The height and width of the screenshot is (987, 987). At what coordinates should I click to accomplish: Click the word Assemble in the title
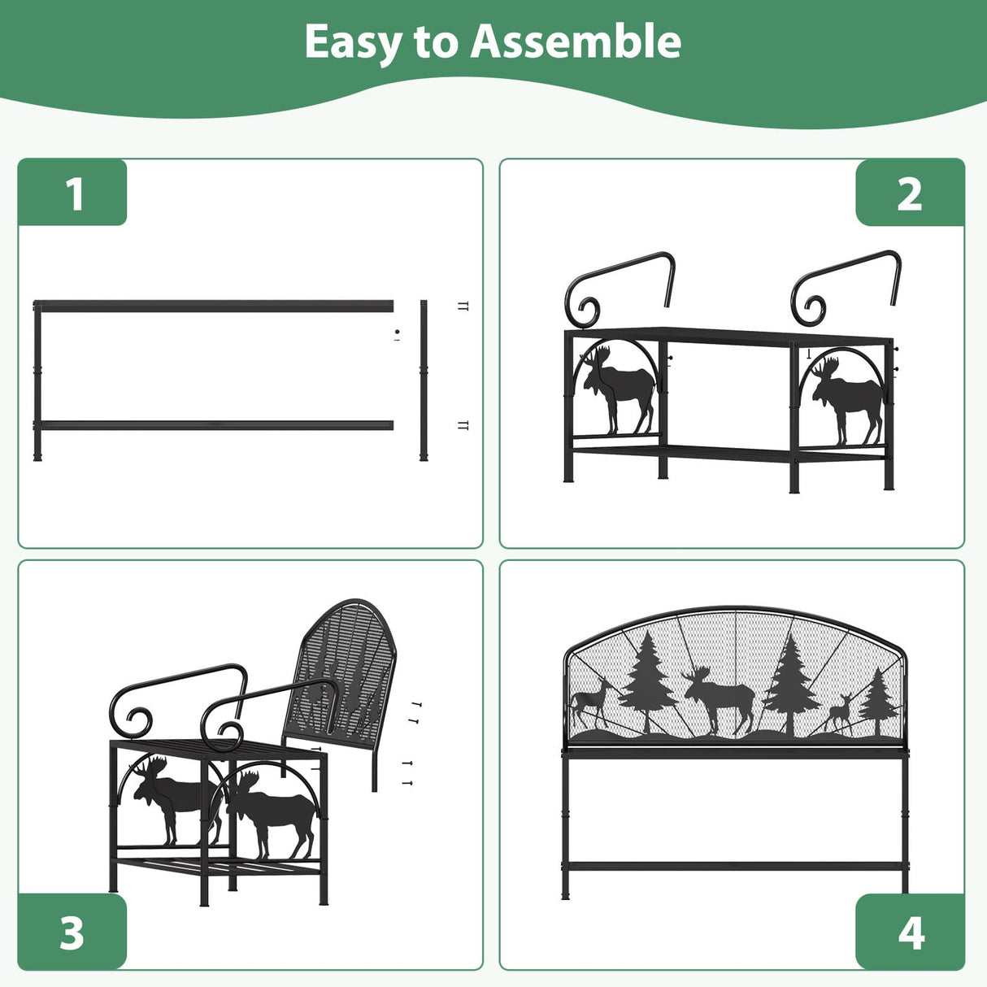point(575,42)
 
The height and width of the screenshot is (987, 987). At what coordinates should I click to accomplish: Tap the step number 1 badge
point(72,193)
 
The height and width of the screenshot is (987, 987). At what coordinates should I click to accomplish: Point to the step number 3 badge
point(72,933)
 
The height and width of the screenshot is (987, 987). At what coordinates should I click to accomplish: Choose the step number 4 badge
point(911,933)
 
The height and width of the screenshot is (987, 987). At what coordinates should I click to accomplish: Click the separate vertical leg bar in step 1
point(424,380)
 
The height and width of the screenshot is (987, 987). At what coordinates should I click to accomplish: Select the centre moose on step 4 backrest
point(720,699)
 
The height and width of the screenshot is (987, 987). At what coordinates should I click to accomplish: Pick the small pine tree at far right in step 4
point(878,702)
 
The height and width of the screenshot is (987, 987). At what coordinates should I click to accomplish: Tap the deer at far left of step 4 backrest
point(591,701)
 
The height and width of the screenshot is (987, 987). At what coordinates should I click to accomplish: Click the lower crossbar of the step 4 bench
point(735,867)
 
